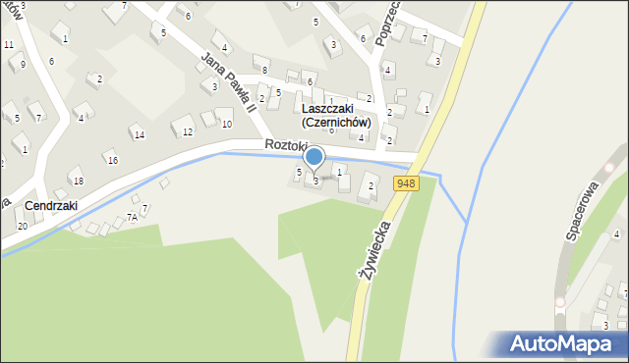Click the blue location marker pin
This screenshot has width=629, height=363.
[x=314, y=157]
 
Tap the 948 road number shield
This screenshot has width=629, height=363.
[x=405, y=184]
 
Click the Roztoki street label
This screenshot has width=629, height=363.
[x=286, y=145]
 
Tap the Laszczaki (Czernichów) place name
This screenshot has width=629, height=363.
[x=336, y=116]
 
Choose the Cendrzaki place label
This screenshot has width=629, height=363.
[x=51, y=206]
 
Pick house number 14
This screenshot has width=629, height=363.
[x=140, y=134]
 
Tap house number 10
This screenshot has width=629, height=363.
[x=227, y=125]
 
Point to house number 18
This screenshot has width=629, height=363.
[x=79, y=181]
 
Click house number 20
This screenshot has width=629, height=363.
[x=22, y=227]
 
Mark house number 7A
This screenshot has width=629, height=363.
[x=132, y=218]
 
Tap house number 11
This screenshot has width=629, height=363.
[x=8, y=45]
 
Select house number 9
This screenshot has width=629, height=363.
[x=22, y=65]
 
